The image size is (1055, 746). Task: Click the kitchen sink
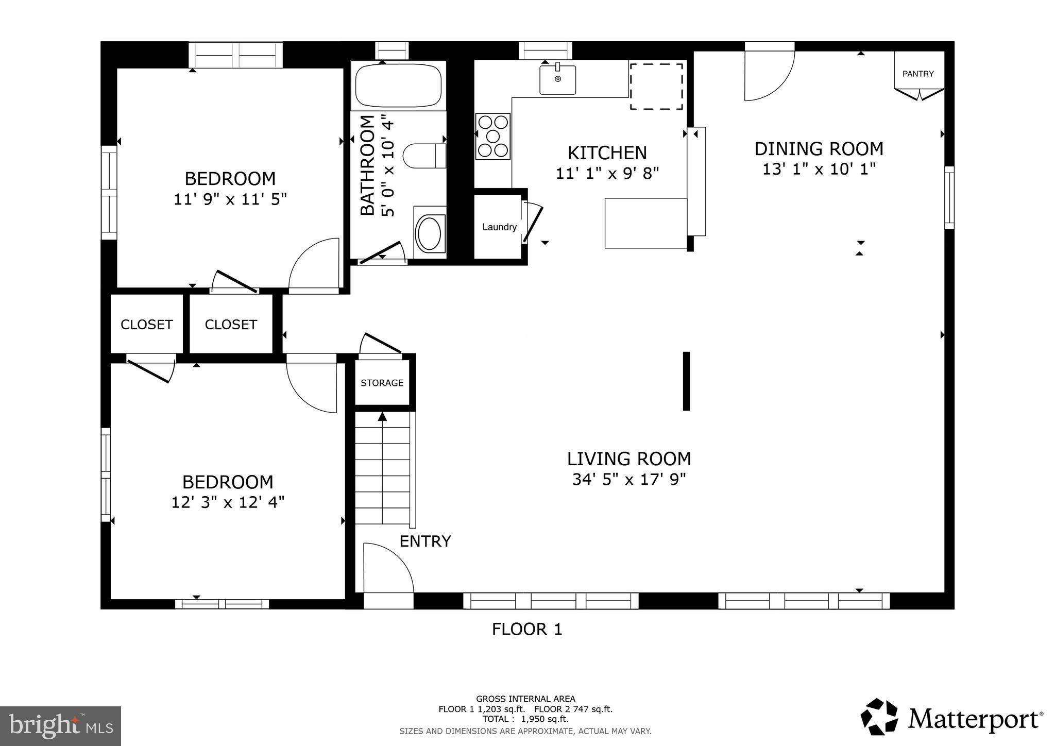[x=557, y=80]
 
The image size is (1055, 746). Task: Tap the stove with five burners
[x=493, y=136]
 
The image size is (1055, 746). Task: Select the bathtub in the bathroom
[x=398, y=85]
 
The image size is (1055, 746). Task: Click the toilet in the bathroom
[x=423, y=156]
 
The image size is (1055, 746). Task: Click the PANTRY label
[x=918, y=74]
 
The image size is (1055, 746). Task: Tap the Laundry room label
[x=499, y=227]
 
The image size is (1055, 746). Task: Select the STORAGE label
[x=382, y=383]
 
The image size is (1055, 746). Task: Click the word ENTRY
[x=425, y=541]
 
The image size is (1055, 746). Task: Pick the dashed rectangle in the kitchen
[x=656, y=87]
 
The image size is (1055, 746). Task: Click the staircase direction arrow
[x=382, y=417]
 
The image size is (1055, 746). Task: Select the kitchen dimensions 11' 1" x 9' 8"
[x=607, y=174]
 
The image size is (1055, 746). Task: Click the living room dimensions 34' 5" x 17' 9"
[x=628, y=480]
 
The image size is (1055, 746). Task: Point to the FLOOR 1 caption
[x=526, y=629]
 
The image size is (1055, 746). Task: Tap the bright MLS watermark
[x=60, y=726]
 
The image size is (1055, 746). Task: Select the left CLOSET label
[x=146, y=325]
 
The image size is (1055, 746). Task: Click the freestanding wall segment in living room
[x=686, y=381]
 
